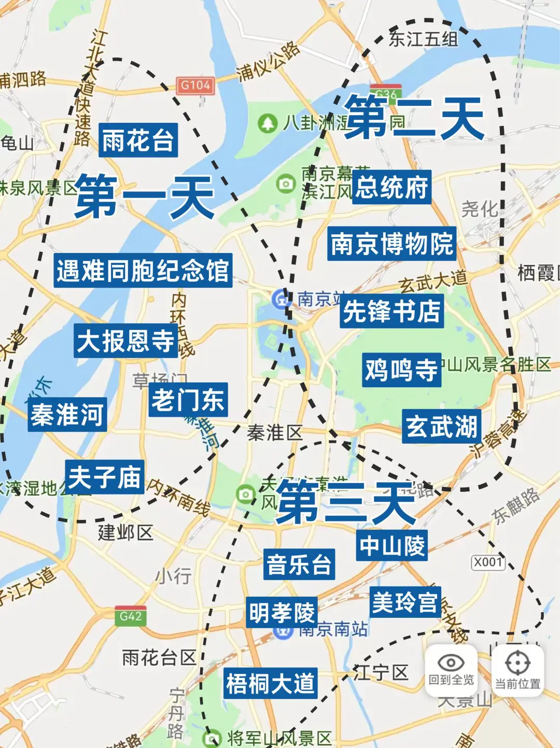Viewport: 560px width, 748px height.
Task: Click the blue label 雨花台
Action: point(138,140)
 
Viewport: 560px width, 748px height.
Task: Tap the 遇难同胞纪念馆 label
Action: point(143,270)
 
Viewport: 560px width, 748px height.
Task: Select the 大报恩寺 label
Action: point(125,341)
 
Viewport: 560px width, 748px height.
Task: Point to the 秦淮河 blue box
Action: point(67,414)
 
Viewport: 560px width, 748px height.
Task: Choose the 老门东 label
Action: point(188,400)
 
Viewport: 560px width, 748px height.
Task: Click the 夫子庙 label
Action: point(105,477)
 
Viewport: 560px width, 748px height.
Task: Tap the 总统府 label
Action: point(391,187)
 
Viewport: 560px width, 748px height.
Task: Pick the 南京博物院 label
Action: point(391,243)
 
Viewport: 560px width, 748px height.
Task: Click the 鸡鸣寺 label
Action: point(401,370)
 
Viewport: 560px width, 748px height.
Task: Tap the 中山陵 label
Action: point(391,545)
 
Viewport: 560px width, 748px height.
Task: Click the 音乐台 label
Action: point(299,564)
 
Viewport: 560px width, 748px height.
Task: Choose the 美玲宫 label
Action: point(405,602)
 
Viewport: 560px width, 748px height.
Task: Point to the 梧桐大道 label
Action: point(270,683)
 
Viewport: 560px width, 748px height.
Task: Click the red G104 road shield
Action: point(195,86)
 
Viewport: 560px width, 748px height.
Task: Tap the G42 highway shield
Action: point(131,616)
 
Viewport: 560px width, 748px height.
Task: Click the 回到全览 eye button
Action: point(451,668)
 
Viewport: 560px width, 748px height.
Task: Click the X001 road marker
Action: point(488,562)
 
